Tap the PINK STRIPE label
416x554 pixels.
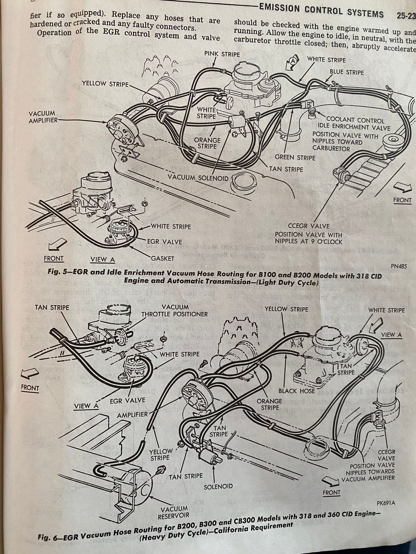click(222, 54)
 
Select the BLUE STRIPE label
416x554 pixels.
click(347, 72)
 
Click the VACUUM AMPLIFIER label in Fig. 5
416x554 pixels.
click(42, 117)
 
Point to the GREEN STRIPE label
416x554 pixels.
click(295, 158)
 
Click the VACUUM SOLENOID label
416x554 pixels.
click(198, 178)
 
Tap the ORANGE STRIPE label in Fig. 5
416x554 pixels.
click(207, 143)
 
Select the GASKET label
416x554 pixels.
click(163, 258)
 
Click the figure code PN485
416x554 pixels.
click(399, 266)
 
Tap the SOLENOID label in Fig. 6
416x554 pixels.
click(218, 486)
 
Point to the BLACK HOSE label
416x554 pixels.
click(296, 391)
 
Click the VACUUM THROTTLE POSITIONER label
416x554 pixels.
click(175, 311)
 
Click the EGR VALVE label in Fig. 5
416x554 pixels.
click(164, 242)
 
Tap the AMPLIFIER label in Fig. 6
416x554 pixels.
click(132, 415)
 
